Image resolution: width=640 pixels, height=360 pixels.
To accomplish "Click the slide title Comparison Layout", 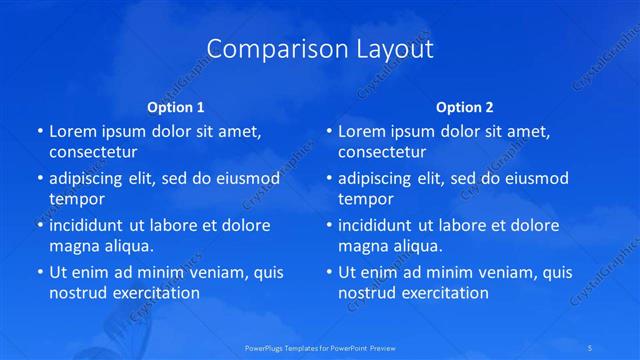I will pos(320,49).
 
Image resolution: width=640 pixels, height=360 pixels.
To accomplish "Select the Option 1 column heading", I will pos(175,107).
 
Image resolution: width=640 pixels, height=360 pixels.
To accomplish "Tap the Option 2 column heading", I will pos(464,107).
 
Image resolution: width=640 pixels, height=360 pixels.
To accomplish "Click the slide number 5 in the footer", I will pos(593,347).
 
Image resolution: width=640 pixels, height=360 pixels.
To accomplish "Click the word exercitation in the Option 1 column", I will pos(155,293).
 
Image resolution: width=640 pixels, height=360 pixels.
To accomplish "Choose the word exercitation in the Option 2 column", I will pos(444,293).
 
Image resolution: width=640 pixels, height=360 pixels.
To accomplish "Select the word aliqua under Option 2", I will pos(419,246).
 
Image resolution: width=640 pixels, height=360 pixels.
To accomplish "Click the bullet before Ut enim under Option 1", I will pos(39,272).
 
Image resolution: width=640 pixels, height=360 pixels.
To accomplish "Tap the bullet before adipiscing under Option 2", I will pos(328,179).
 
